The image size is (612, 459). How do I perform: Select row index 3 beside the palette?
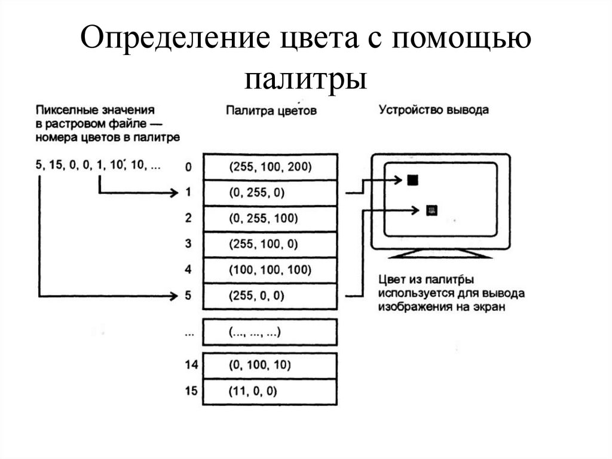pyautogui.click(x=189, y=244)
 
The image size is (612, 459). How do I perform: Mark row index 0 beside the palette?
pyautogui.click(x=189, y=167)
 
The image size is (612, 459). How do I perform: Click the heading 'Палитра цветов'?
pyautogui.click(x=271, y=111)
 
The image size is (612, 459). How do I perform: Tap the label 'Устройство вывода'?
pyautogui.click(x=434, y=110)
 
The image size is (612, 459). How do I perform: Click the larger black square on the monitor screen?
pyautogui.click(x=412, y=180)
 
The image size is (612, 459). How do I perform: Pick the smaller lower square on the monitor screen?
pyautogui.click(x=432, y=209)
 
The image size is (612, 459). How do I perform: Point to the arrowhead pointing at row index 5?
pyautogui.click(x=175, y=296)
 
